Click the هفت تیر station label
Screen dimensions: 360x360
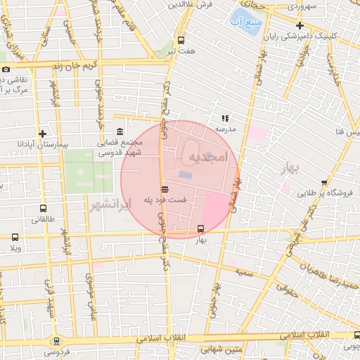181,51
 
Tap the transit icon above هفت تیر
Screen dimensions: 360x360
181,40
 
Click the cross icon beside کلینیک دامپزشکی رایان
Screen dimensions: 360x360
300,25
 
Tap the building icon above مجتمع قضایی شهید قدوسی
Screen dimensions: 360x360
120,131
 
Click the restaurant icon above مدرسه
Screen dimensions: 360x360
225,119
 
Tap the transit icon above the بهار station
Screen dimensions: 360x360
201,229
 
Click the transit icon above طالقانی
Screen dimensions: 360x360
44,209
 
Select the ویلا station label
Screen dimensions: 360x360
15,248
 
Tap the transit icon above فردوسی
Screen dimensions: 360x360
56,340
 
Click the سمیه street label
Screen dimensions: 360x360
245,271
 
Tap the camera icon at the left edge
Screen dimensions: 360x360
6,69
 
